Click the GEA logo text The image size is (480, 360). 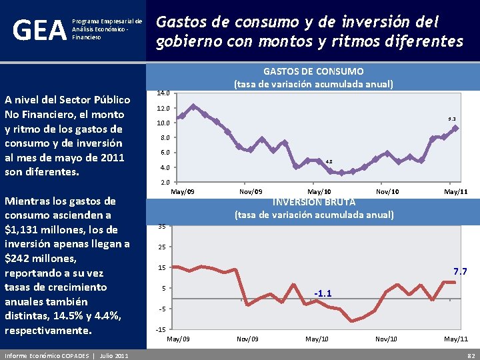point(39,30)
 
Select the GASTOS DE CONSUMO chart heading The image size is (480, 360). point(313,71)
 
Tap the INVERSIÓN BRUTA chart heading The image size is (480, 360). point(313,201)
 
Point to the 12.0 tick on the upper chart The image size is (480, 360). point(163,108)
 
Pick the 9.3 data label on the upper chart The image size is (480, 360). point(451,119)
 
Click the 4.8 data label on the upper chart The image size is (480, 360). point(328,161)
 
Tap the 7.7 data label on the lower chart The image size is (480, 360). point(460,271)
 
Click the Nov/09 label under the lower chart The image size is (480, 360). point(248,339)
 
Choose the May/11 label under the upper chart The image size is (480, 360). point(455,192)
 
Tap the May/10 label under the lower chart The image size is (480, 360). point(317,339)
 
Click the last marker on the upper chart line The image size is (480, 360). point(455,128)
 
